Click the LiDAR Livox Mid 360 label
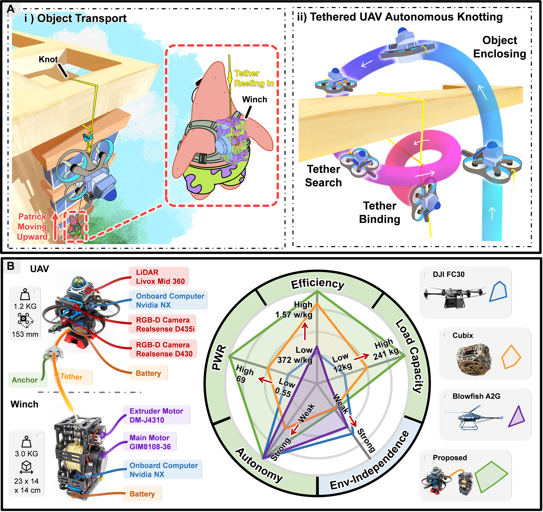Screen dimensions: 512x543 pyautogui.click(x=160, y=277)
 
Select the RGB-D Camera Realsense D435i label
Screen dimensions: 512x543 pyautogui.click(x=165, y=325)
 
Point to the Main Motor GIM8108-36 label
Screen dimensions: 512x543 pyautogui.click(x=150, y=442)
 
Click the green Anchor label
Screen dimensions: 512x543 pyautogui.click(x=25, y=380)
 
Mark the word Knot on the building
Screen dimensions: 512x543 pyautogui.click(x=48, y=59)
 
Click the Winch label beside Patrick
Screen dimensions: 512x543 pyautogui.click(x=255, y=99)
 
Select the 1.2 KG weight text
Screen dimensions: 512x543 pyautogui.click(x=25, y=306)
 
